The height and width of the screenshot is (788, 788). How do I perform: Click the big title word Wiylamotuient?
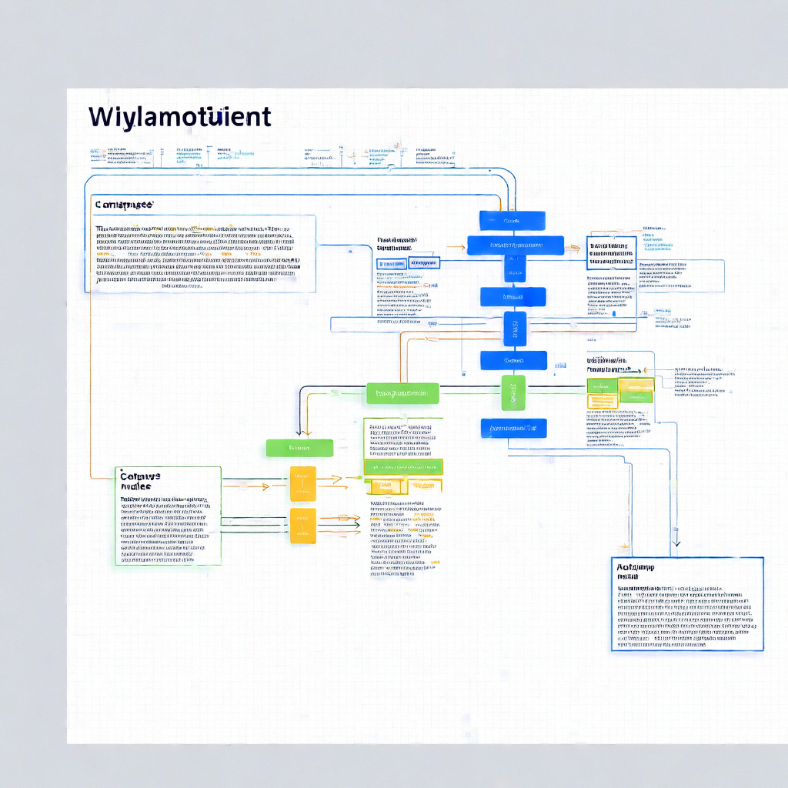pos(179,117)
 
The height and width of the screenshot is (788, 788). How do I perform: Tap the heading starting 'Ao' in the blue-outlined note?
pos(635,571)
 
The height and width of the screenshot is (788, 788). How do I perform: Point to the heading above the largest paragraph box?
pos(123,205)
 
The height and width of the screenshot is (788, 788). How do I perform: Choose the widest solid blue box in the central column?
pos(516,245)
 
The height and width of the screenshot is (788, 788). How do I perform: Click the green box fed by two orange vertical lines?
pos(402,393)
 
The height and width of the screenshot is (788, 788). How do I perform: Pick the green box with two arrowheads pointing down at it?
pos(299,447)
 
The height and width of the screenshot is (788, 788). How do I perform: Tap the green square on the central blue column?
pos(513,392)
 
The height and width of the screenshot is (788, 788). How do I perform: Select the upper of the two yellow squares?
pos(302,484)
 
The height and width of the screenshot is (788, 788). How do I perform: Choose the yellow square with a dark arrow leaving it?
pos(302,526)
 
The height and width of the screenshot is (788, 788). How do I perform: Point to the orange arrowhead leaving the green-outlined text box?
pos(265,486)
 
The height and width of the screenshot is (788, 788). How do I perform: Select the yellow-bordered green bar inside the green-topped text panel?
pos(403,466)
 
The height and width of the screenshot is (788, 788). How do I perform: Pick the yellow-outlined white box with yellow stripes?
pos(603,401)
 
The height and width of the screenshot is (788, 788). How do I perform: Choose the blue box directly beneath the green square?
pos(513,429)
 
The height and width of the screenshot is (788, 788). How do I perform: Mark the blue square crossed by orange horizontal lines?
pos(515,329)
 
